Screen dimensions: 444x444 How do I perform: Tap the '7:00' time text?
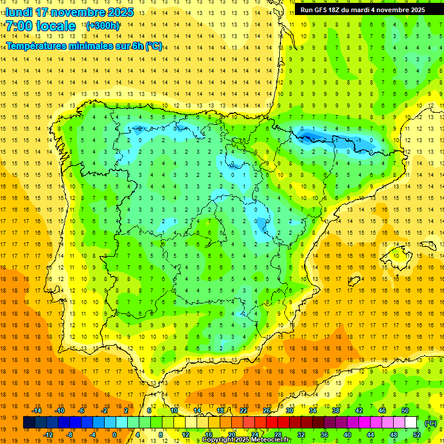coord(18,27)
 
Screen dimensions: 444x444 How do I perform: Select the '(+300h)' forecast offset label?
coord(103,25)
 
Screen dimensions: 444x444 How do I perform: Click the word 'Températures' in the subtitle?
coord(35,46)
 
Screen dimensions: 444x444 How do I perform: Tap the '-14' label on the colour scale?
coord(36,410)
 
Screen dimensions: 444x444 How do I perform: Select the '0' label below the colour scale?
coord(114,435)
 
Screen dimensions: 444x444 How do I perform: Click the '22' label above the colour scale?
coord(243,410)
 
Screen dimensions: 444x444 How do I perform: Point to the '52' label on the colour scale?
coord(417,435)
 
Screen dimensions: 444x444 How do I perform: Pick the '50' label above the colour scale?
coord(405,410)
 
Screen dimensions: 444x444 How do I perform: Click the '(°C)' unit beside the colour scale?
coord(430,423)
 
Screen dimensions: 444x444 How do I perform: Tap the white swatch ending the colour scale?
coord(411,423)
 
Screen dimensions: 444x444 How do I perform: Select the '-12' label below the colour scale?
coord(48,435)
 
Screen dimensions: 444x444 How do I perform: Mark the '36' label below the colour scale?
coord(324,435)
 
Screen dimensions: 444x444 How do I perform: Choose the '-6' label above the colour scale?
coord(82,410)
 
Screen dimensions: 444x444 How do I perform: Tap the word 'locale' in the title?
coord(56,27)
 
